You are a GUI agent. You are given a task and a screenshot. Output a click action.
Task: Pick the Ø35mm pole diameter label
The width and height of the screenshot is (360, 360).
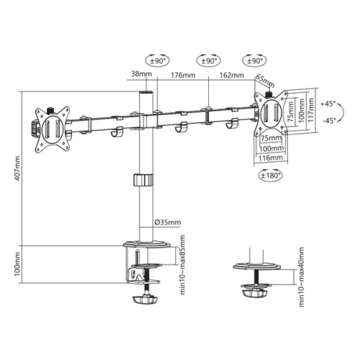click(168, 222)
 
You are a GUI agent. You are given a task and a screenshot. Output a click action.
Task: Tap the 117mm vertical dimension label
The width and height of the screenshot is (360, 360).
click(311, 112)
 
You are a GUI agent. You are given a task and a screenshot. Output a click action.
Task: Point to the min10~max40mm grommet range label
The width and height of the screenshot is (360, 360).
click(302, 277)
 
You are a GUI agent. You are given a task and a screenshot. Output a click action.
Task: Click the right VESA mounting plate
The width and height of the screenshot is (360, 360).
click(273, 113)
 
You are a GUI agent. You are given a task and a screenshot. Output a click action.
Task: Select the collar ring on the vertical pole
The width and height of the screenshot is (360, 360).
click(145, 181)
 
